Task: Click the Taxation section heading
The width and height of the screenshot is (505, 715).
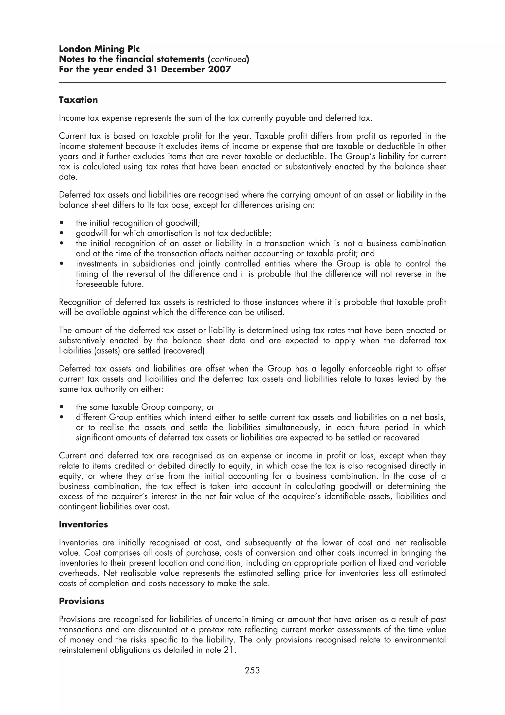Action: [x=78, y=100]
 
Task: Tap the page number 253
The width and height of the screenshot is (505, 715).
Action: [x=252, y=670]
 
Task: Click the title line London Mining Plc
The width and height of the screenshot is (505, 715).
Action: [x=99, y=49]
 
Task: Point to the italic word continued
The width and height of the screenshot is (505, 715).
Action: [x=228, y=59]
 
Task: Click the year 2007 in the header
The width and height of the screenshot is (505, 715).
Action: [x=220, y=69]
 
